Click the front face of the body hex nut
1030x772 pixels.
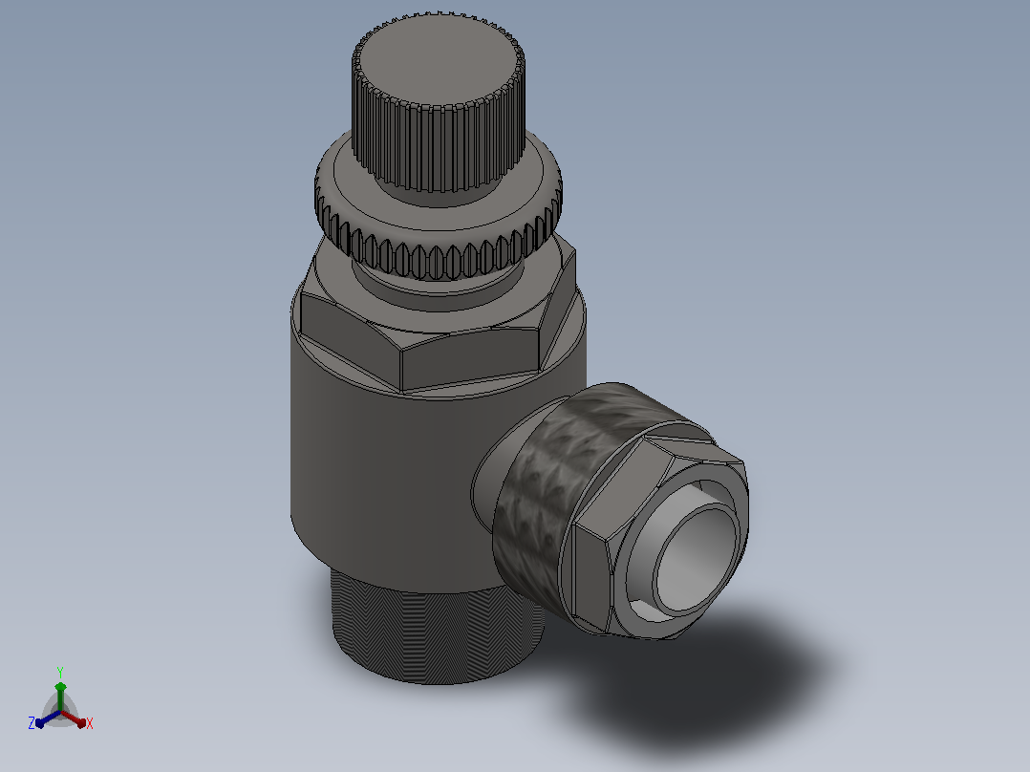pos(470,358)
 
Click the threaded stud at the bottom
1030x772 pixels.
pos(437,631)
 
